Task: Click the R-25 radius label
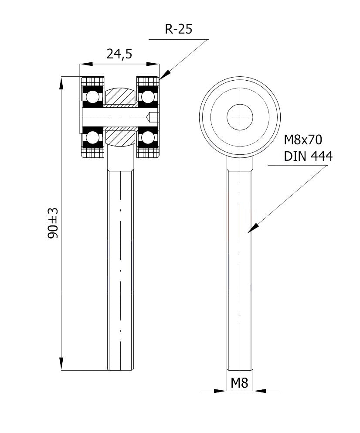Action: point(178,29)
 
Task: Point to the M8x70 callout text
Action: point(302,140)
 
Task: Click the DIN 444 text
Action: point(308,156)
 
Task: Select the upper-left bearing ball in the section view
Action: point(92,96)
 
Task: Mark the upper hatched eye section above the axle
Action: point(120,95)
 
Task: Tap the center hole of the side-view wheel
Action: point(240,116)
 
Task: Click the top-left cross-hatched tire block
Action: point(93,81)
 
